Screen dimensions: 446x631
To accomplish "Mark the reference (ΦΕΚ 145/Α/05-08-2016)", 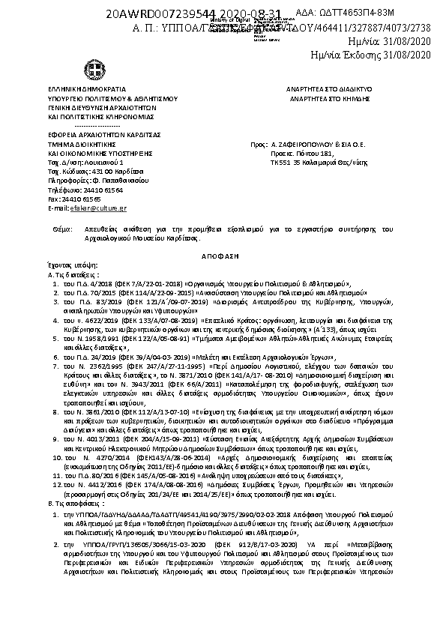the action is tap(145, 476).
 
